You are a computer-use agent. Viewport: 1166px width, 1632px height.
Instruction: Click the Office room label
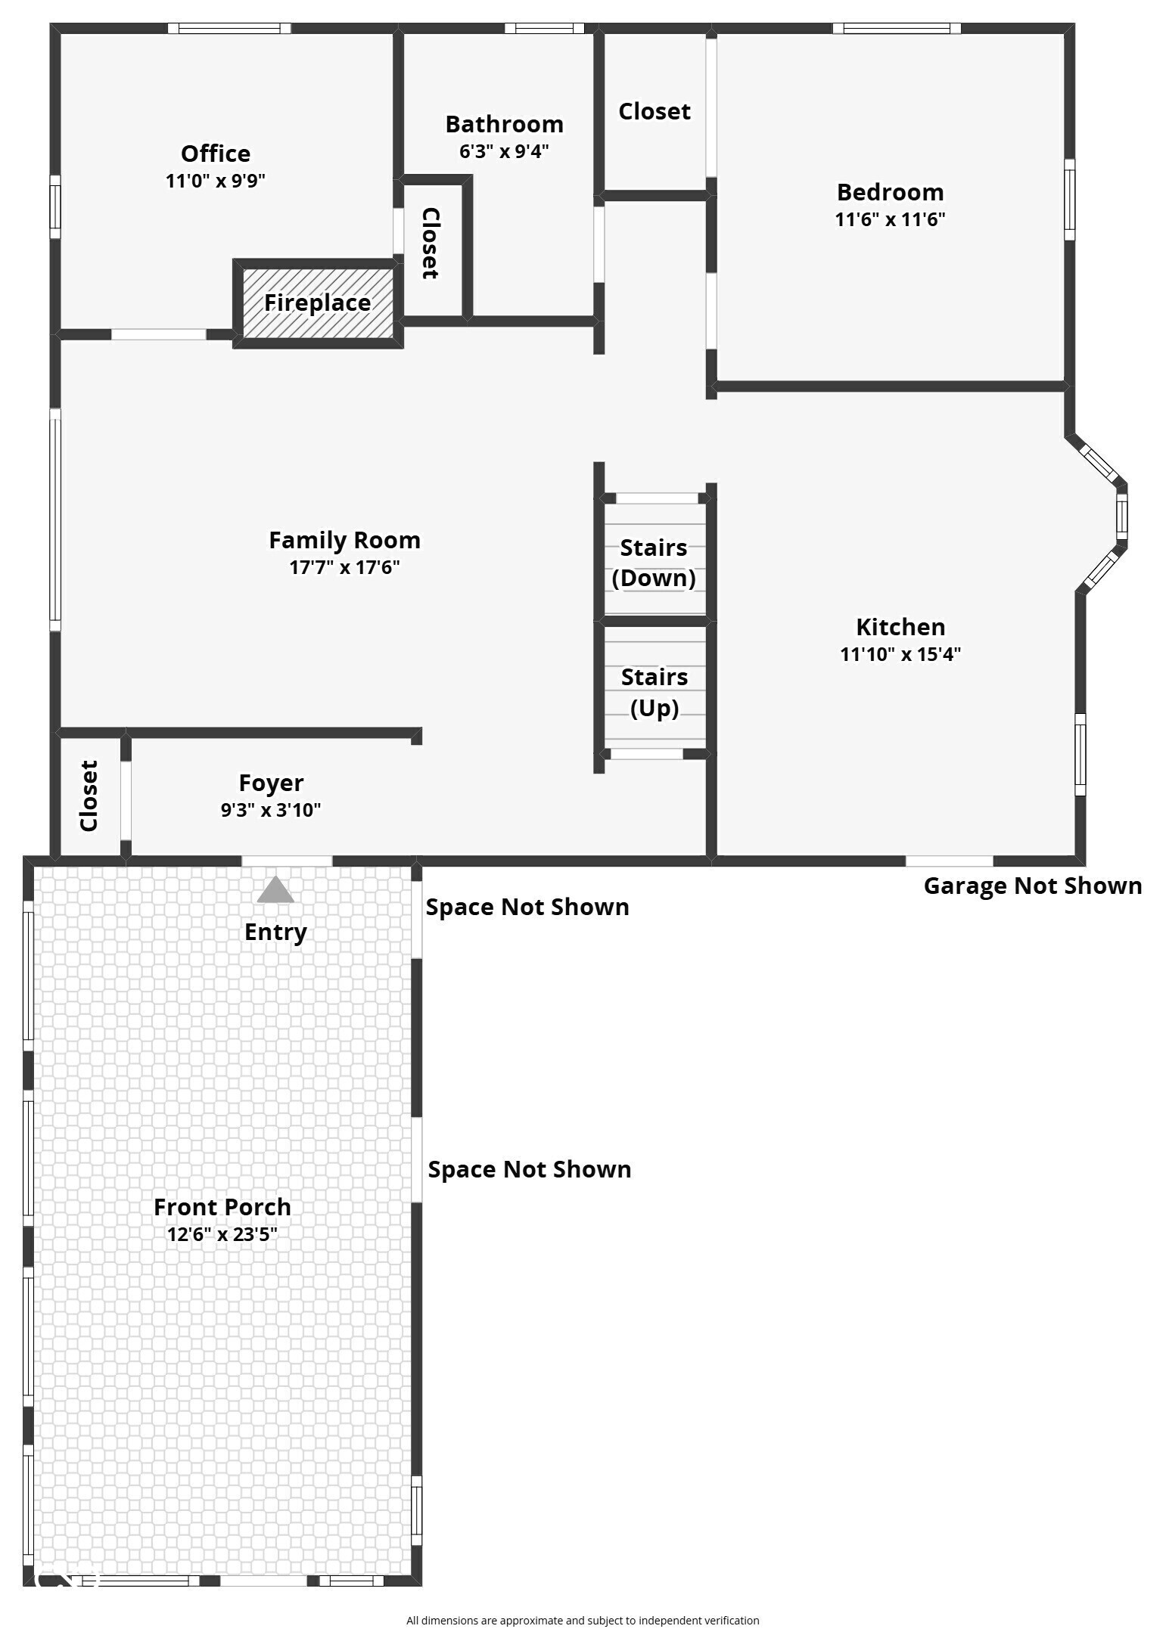[216, 154]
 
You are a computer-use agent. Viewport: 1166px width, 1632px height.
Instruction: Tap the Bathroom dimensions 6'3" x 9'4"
[504, 151]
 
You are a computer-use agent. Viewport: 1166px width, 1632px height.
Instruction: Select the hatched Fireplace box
[318, 303]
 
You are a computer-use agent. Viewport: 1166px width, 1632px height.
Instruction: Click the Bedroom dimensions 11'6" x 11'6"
[890, 219]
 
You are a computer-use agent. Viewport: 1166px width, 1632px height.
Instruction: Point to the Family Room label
[344, 540]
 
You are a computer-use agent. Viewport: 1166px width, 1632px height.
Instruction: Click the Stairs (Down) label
[654, 562]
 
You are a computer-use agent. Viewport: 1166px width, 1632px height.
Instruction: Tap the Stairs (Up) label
[655, 691]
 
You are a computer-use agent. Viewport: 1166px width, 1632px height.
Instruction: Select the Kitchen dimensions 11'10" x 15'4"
[900, 654]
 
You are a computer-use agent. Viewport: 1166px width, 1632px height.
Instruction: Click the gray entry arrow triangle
[275, 890]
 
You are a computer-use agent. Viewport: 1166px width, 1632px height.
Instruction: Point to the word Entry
[275, 932]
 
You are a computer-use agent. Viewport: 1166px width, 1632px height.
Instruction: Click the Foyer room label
[271, 783]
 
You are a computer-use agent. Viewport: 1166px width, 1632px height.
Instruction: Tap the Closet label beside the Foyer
[89, 796]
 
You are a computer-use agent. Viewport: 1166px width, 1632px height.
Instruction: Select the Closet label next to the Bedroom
[655, 111]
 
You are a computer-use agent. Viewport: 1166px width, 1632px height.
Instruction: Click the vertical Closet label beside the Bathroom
[430, 243]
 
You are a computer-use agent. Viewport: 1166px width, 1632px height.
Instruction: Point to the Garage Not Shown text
[1032, 886]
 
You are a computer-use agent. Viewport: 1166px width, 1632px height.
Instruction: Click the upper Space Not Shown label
[527, 907]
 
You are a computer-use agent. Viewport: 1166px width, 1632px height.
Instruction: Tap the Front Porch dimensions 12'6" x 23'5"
[222, 1234]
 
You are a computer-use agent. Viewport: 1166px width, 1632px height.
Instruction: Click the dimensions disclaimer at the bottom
[583, 1620]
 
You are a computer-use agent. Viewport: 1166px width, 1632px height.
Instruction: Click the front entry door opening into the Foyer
[287, 861]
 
